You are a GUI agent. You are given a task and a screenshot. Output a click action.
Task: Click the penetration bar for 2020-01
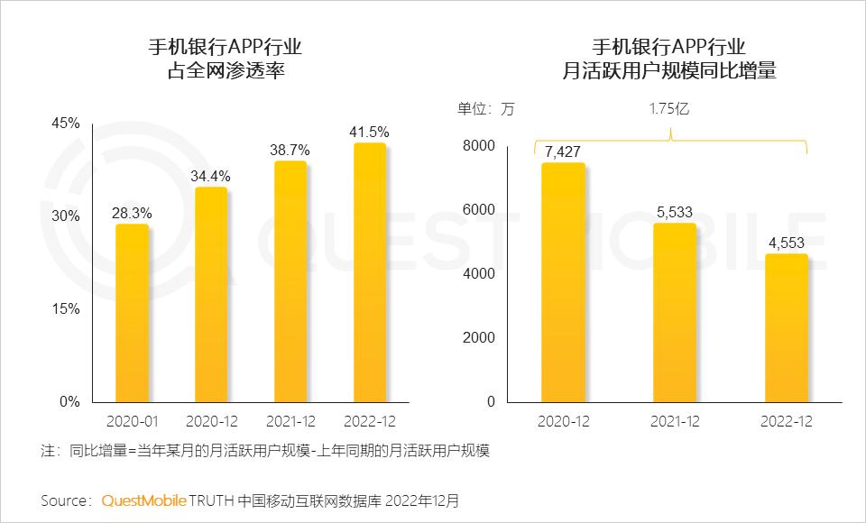[132, 313]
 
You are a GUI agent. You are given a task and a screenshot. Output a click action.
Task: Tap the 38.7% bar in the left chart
[290, 281]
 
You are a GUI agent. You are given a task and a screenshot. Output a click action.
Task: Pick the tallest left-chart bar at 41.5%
[370, 272]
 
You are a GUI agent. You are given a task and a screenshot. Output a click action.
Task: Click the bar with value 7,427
[563, 282]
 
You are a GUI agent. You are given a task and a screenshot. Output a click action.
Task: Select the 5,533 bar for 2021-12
[675, 312]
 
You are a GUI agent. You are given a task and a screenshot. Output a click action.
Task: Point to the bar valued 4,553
[786, 327]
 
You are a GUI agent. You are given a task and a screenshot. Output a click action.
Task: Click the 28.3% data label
[132, 214]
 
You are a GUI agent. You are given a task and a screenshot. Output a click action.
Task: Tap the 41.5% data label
[370, 132]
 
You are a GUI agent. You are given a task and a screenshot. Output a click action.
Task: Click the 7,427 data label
[563, 151]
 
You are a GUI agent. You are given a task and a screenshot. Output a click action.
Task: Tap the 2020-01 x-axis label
[132, 421]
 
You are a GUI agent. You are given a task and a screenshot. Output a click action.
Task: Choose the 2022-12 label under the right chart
[786, 421]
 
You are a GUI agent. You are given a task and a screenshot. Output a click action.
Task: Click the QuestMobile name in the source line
[144, 500]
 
